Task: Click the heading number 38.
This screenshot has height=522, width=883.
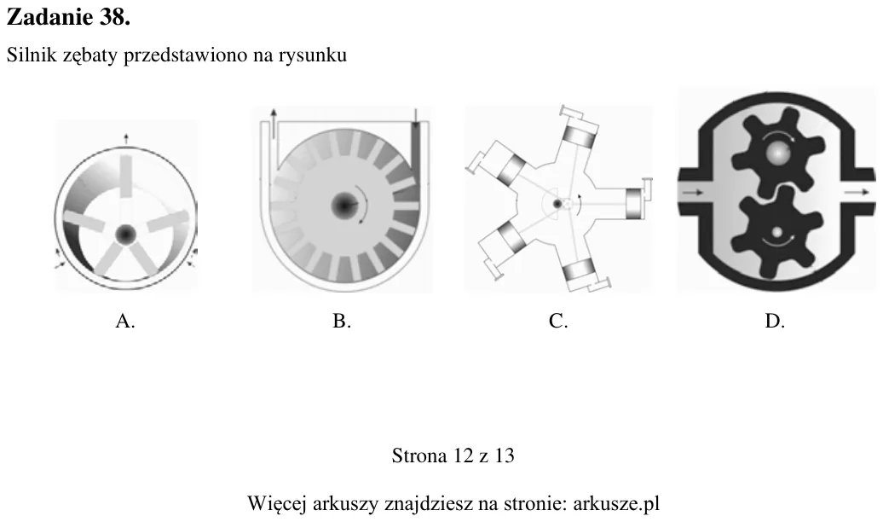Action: click(x=114, y=17)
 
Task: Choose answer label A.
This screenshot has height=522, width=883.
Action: click(x=125, y=321)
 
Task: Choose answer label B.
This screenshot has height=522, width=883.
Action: click(x=342, y=321)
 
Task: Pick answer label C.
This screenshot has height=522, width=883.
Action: click(x=558, y=321)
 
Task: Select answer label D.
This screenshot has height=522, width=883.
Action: click(x=775, y=321)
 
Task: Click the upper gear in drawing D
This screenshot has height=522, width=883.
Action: click(x=777, y=150)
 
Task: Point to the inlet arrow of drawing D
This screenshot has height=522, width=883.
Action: click(x=693, y=193)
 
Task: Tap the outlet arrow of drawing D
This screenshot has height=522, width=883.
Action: click(x=857, y=192)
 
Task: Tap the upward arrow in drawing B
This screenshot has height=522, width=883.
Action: click(x=274, y=124)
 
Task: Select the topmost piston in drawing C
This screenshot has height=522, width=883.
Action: click(x=579, y=136)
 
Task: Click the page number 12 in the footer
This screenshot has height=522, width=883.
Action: click(x=464, y=455)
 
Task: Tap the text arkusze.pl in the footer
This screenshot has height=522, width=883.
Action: click(x=616, y=502)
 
